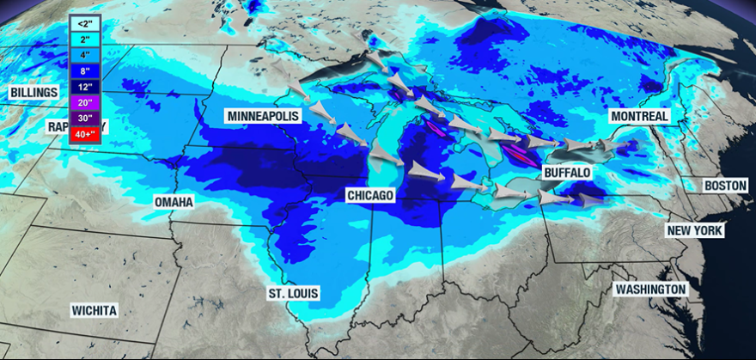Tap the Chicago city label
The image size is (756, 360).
(369, 195)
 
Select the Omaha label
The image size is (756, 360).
(174, 201)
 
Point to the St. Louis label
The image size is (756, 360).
(293, 294)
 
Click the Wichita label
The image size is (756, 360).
(94, 310)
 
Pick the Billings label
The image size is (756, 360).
(34, 92)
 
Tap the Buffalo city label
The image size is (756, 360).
(567, 173)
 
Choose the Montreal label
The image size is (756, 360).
(638, 116)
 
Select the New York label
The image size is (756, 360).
(695, 230)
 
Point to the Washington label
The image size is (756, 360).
(650, 289)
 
